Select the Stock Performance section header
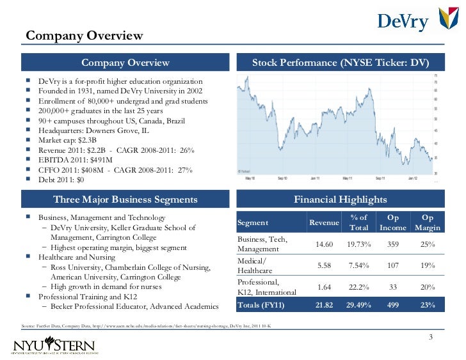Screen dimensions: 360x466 340,63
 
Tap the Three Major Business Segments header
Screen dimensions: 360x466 125,200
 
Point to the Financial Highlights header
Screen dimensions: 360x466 340,200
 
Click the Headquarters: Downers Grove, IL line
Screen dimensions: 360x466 93,130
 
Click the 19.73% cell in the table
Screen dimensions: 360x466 358,244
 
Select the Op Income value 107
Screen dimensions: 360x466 392,265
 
